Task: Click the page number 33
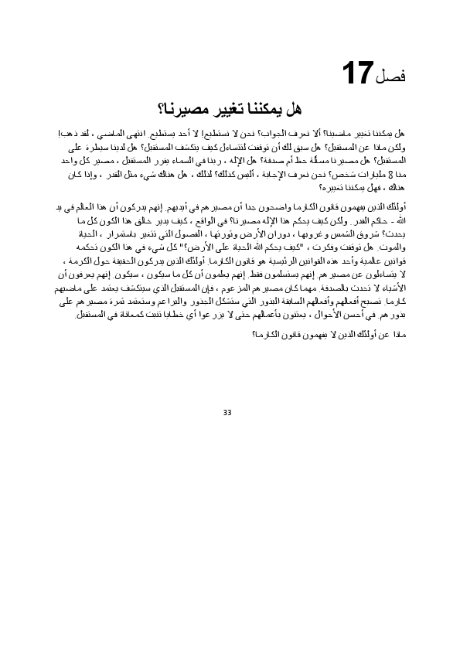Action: pos(227,412)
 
